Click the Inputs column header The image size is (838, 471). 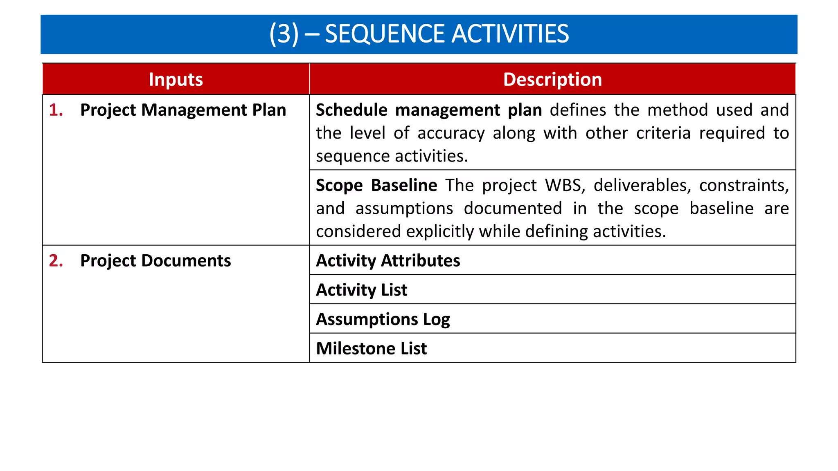click(176, 79)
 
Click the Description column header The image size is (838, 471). click(552, 79)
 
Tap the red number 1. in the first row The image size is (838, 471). click(56, 110)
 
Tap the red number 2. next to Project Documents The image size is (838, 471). click(56, 261)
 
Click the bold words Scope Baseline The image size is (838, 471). click(376, 186)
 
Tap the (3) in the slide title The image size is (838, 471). click(284, 34)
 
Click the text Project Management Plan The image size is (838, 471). click(183, 110)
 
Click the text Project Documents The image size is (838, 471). click(155, 261)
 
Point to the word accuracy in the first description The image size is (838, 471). click(451, 134)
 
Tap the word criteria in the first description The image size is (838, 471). click(663, 133)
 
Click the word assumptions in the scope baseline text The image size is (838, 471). click(404, 209)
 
